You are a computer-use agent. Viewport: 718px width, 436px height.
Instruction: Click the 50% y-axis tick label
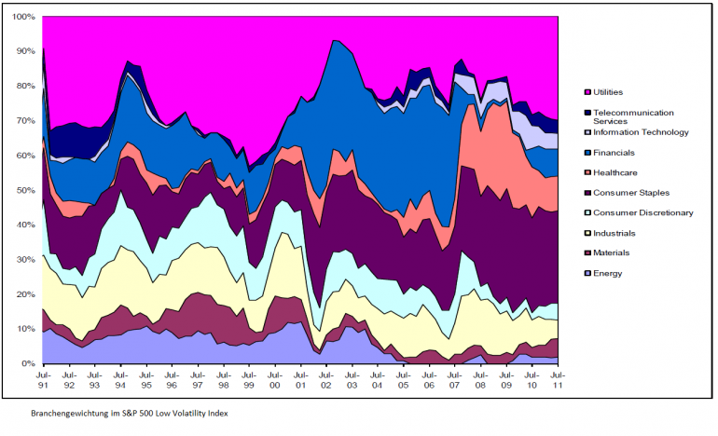coord(26,190)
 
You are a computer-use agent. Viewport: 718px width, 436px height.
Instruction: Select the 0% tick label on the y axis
coord(28,363)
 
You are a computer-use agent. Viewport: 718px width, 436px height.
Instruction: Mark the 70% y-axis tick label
coord(26,121)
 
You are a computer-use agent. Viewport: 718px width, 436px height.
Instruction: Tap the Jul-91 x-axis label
coord(43,381)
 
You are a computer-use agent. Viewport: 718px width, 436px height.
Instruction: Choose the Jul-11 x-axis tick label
coord(559,381)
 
